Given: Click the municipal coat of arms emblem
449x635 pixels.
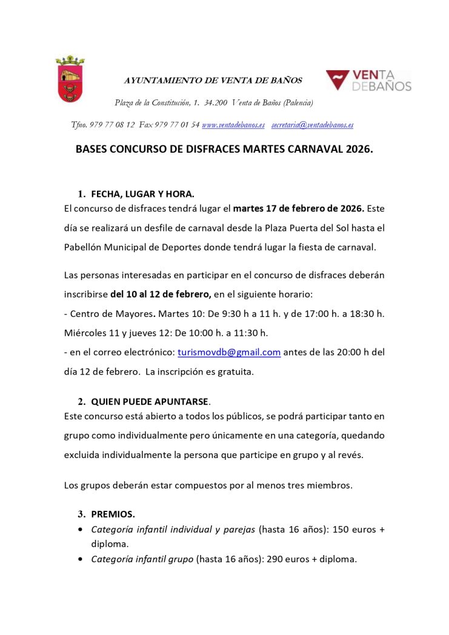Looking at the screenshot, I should click(70, 79).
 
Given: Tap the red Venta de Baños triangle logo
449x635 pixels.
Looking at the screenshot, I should click(338, 79).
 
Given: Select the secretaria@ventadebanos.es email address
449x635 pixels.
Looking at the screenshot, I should click(312, 125).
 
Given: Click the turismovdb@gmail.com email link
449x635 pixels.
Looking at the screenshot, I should click(229, 352).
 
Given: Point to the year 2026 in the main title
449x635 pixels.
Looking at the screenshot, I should click(358, 148).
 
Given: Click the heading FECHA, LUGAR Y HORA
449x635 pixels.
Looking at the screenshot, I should click(143, 194).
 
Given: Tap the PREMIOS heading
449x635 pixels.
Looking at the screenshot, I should click(113, 514).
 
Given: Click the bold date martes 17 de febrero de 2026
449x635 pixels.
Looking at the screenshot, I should click(299, 208).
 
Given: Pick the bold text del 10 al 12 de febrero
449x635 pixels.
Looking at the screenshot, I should click(161, 294).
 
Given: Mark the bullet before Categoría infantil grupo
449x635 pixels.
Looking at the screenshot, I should click(81, 560).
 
